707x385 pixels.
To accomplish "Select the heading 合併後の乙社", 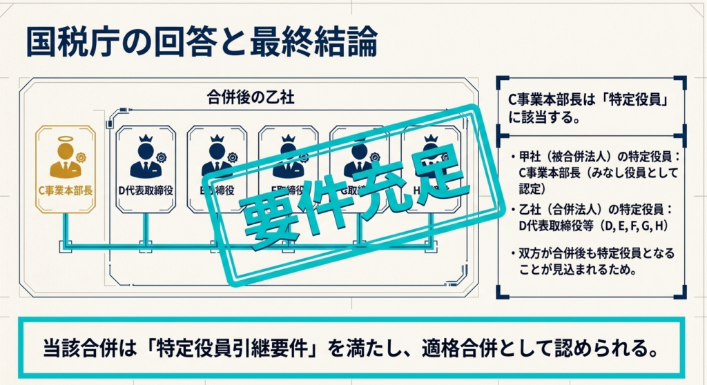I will [250, 97].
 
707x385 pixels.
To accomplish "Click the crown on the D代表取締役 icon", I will [144, 138].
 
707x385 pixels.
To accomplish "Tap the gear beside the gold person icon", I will [81, 157].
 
